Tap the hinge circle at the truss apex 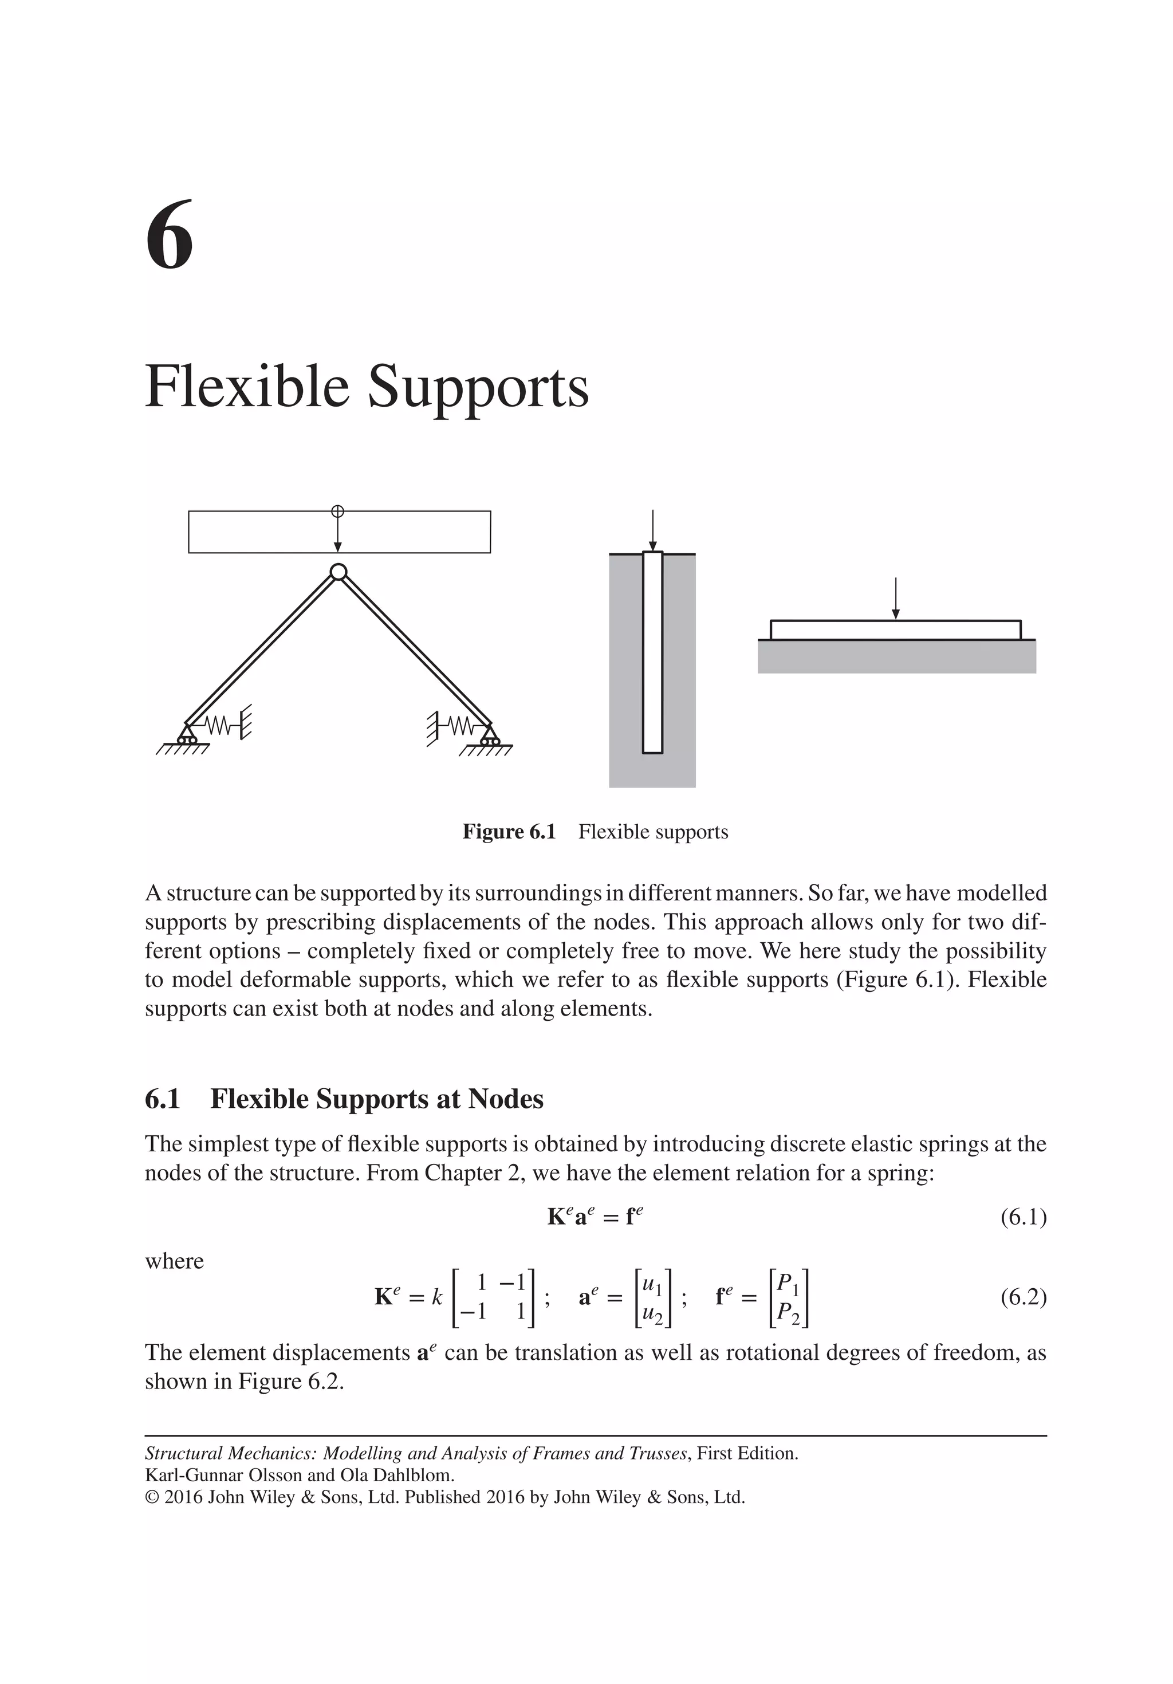click(337, 572)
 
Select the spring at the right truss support click(460, 726)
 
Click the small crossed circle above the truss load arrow click(337, 511)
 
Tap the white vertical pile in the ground click(652, 653)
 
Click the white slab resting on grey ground click(895, 630)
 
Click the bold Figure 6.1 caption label click(509, 832)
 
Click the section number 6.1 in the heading click(162, 1099)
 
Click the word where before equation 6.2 click(174, 1261)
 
